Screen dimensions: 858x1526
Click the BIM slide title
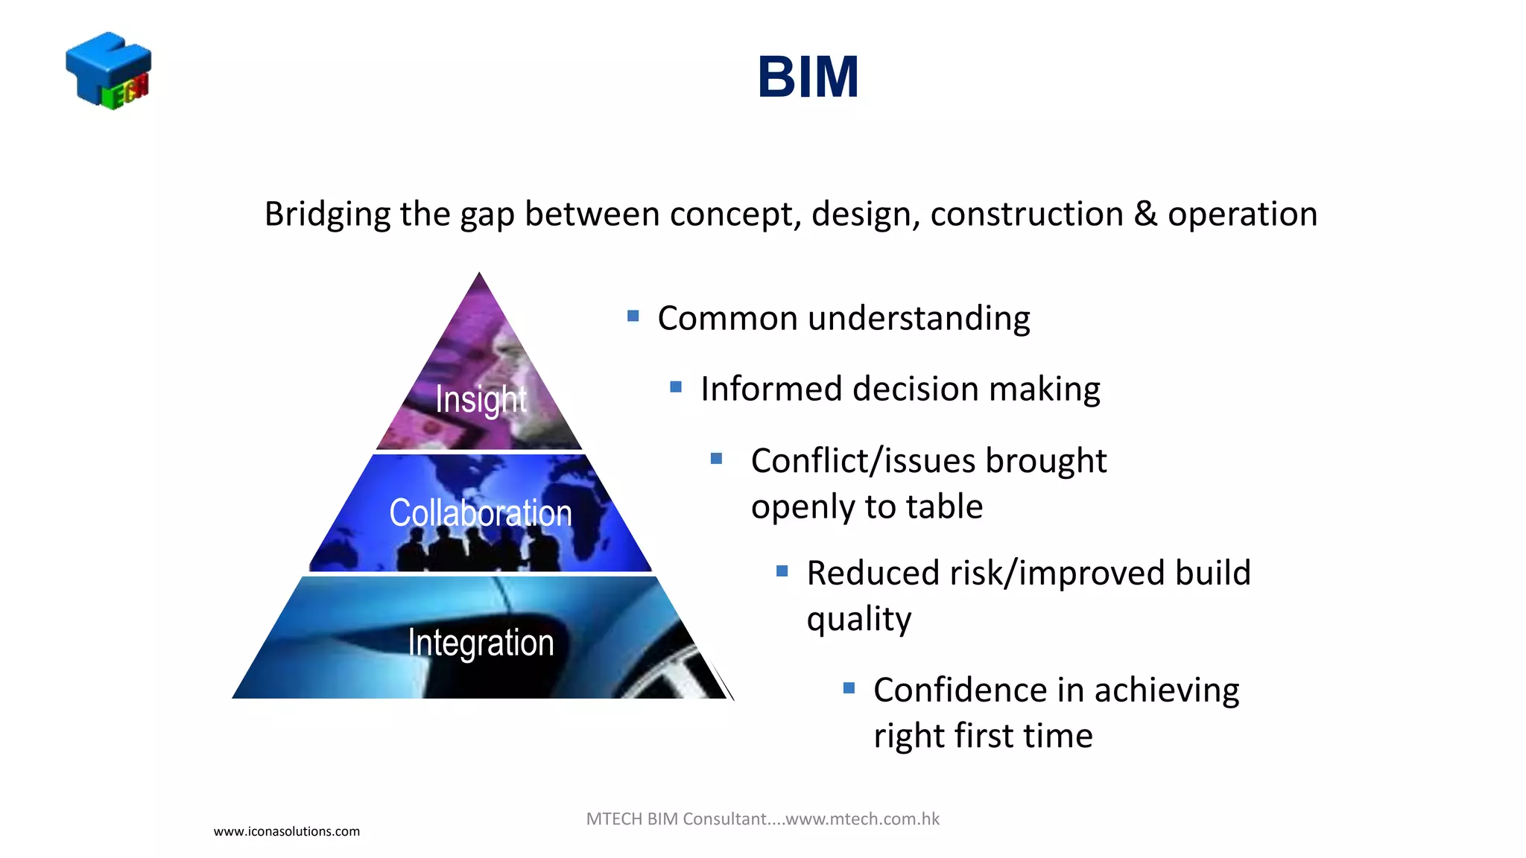point(808,77)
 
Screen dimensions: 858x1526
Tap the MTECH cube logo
point(109,71)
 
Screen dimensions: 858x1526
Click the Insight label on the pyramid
point(481,399)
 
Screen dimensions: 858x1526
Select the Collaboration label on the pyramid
point(481,513)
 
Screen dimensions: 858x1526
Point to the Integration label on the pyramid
point(481,643)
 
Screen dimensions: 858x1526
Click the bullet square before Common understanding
point(633,317)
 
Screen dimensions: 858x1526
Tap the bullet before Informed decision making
point(676,387)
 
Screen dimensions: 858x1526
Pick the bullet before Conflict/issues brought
point(717,459)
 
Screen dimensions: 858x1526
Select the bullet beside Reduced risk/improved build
point(782,571)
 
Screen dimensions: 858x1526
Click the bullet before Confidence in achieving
point(849,688)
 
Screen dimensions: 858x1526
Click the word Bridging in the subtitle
point(327,214)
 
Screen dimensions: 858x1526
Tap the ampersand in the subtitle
point(1145,214)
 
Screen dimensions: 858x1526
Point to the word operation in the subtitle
point(1242,214)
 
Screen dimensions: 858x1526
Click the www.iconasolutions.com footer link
point(287,831)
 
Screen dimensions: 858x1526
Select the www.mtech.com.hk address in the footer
point(862,819)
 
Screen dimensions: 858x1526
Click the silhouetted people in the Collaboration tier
point(477,551)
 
